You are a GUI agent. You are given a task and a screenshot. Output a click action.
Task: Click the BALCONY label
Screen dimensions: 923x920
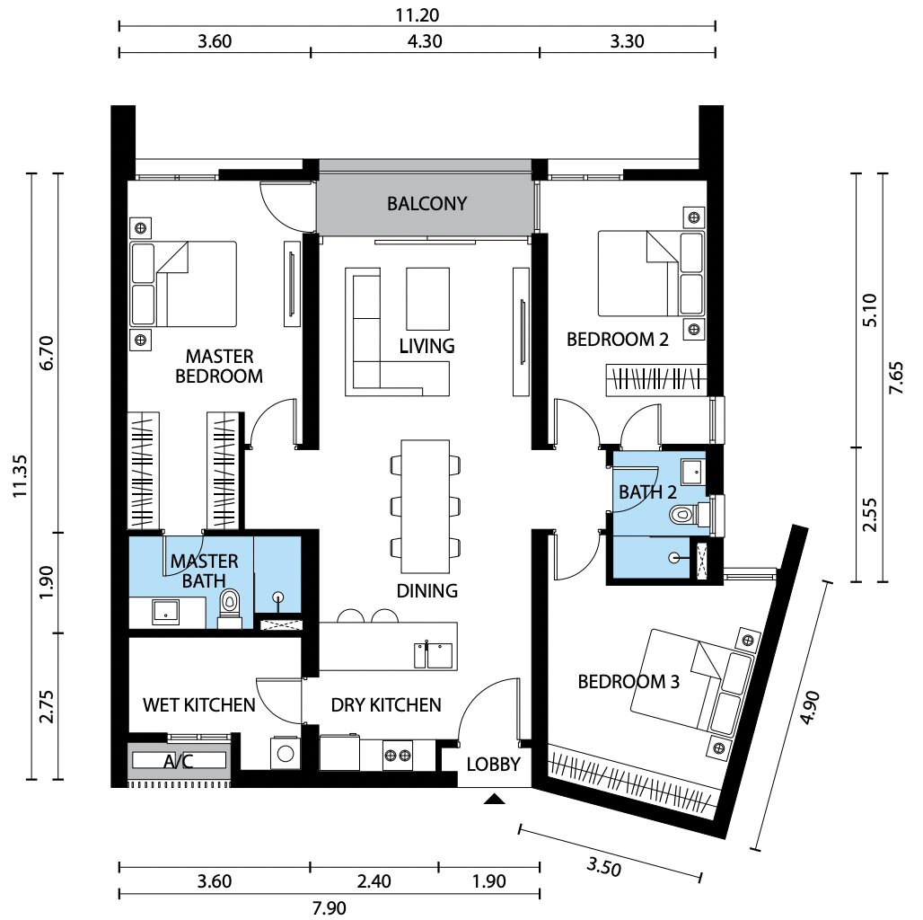(426, 204)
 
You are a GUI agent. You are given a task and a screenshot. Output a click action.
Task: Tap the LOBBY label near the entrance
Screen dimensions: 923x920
(493, 764)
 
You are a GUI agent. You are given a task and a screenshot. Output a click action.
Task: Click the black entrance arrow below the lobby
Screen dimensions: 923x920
(495, 799)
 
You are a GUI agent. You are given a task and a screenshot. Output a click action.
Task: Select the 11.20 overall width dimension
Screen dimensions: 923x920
(418, 14)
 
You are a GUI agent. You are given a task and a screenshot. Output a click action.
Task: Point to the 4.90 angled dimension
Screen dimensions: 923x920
(810, 707)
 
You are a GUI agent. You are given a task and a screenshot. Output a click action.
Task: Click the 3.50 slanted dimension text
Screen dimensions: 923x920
(603, 867)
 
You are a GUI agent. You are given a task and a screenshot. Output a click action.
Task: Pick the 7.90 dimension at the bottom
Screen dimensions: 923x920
(329, 907)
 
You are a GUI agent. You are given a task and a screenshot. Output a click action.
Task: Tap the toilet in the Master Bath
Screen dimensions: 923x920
(230, 607)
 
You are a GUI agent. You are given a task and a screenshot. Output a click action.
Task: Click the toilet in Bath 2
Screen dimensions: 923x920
(690, 514)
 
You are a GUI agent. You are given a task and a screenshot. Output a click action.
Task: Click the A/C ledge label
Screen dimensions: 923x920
(179, 762)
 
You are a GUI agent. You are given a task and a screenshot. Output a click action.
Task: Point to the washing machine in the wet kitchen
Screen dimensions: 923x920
(286, 753)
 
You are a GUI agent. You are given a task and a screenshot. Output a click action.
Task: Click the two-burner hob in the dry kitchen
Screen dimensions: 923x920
(398, 755)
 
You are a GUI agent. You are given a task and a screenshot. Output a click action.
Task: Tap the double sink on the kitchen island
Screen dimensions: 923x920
(434, 656)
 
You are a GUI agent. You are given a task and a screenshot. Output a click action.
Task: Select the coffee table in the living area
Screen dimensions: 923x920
(428, 298)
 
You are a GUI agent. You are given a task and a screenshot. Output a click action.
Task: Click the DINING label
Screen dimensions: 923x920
(426, 590)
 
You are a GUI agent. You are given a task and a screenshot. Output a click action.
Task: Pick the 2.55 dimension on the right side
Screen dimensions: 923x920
(869, 514)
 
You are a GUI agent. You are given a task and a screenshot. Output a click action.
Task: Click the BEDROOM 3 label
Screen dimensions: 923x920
(629, 681)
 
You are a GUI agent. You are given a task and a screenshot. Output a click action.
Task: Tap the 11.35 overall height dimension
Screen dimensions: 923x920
(20, 476)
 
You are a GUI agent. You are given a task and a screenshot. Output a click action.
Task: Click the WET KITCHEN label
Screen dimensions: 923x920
(199, 704)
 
